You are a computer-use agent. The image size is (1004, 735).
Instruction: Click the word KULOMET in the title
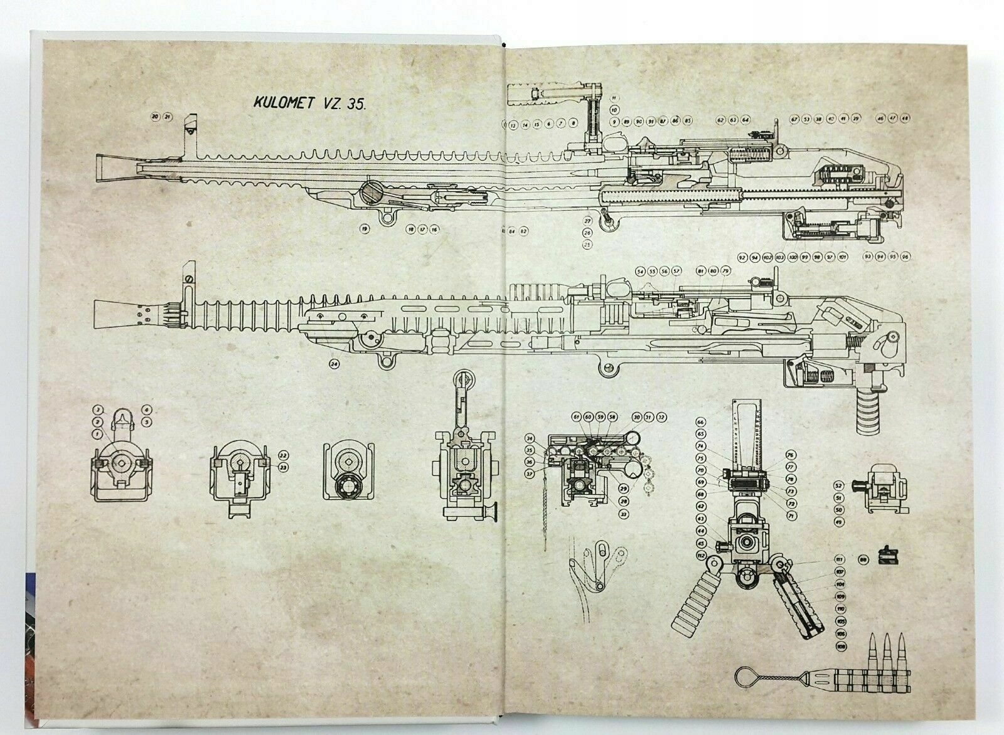click(282, 103)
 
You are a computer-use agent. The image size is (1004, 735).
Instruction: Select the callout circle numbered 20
click(154, 117)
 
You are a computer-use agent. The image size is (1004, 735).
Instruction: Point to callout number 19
click(363, 230)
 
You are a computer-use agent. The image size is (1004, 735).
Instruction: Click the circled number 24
click(334, 363)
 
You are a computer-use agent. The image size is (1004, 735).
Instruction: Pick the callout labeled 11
click(614, 98)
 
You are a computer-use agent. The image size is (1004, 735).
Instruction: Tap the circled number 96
click(905, 256)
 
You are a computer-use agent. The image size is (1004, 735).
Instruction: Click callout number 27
click(588, 221)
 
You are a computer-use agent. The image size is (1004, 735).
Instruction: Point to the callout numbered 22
click(283, 456)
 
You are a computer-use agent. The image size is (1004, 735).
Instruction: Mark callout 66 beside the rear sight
click(701, 422)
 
